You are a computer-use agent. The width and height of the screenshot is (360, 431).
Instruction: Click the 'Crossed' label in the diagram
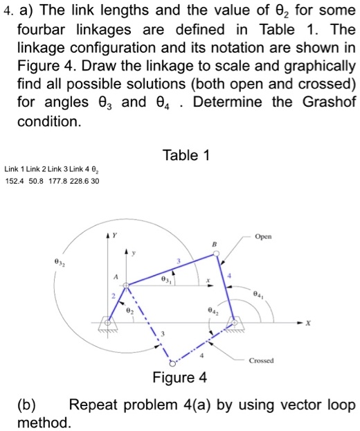262,360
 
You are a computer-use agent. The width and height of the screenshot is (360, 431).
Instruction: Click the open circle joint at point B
216,255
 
